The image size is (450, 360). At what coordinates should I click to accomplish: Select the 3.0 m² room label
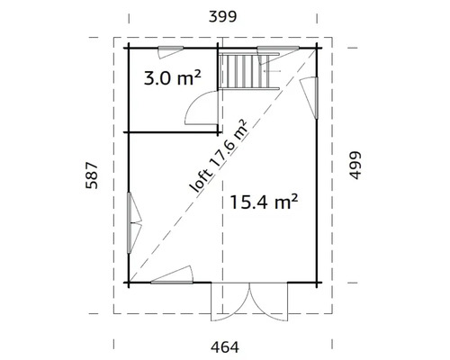[x=172, y=78]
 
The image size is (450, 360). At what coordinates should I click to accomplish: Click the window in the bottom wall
[x=175, y=275]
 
